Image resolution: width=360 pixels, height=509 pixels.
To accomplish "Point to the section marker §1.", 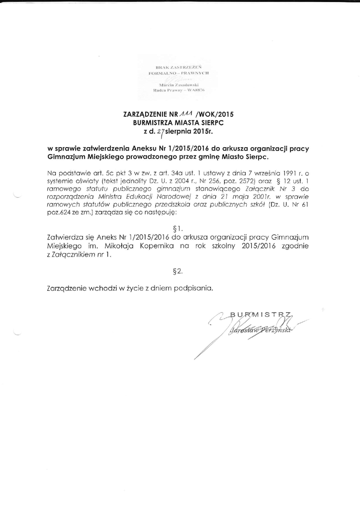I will click(x=180, y=230).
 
